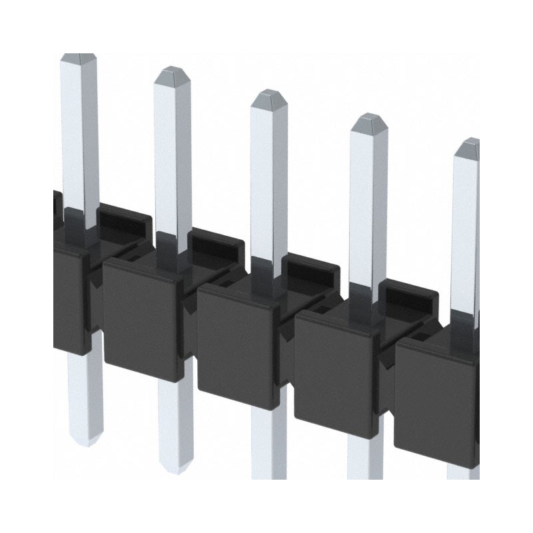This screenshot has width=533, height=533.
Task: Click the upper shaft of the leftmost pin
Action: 79,133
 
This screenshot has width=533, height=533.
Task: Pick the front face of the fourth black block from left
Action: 333,373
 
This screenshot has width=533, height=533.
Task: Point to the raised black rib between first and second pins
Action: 124,220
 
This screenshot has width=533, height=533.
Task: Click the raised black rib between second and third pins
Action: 217,244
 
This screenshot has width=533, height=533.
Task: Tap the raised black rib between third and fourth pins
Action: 310,270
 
